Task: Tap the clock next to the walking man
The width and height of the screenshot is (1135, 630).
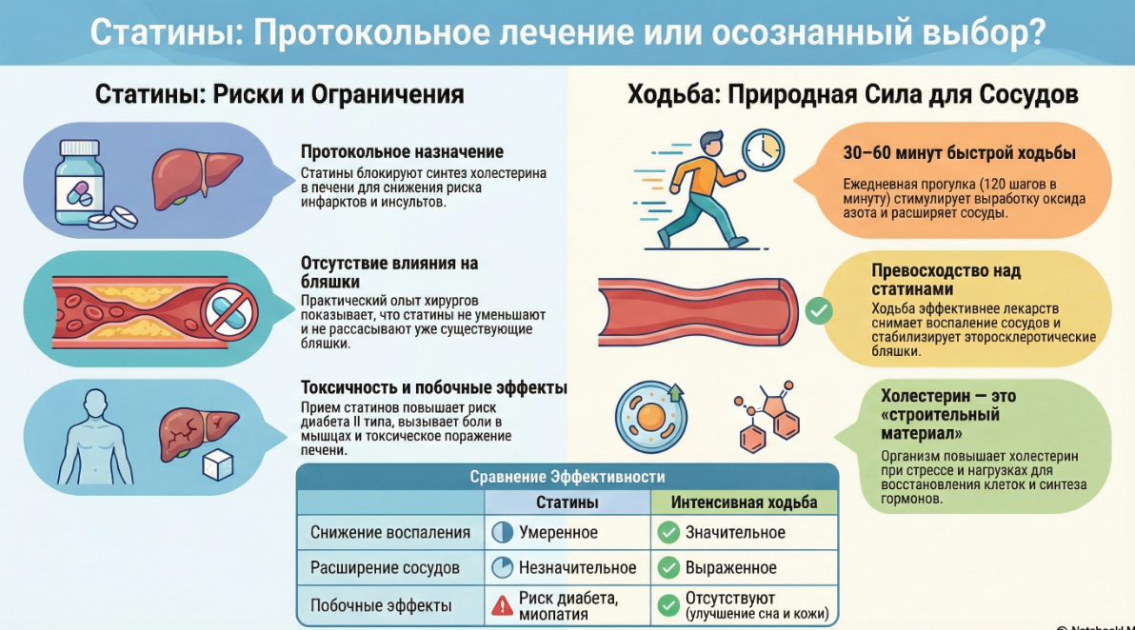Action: pos(762,149)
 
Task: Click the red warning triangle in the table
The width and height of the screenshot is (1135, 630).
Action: pos(502,605)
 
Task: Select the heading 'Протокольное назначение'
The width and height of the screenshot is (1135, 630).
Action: pos(402,152)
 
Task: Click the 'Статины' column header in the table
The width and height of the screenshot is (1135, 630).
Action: pos(567,502)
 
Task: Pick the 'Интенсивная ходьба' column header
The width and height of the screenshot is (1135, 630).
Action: pos(744,502)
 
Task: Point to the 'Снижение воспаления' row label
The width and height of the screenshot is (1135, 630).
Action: pos(390,533)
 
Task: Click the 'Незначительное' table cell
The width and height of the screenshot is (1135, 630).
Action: pos(577,568)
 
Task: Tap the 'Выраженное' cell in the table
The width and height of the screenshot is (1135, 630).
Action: pos(730,568)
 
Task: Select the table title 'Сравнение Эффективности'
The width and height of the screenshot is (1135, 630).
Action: pos(567,477)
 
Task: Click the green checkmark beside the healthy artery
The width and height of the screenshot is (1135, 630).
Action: pos(818,310)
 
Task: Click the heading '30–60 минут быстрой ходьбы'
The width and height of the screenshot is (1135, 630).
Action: pos(959,153)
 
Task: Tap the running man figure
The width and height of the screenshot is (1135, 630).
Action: pos(700,187)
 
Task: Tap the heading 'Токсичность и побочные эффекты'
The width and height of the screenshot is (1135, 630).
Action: pos(433,388)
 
